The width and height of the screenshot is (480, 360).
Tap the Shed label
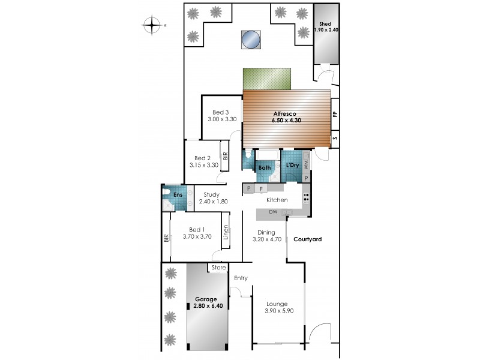point(325,24)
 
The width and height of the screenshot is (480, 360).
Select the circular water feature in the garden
point(251,40)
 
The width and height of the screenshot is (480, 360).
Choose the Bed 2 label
point(202,158)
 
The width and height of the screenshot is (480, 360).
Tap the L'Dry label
point(292,165)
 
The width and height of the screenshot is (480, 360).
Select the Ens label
point(178,194)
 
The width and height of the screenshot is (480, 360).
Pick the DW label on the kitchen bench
point(274,212)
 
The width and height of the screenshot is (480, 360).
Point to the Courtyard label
point(307,239)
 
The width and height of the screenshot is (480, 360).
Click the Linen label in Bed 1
point(226,232)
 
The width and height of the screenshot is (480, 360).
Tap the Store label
point(218,268)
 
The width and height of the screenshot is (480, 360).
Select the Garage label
point(205,299)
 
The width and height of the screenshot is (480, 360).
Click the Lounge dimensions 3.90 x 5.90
point(278,311)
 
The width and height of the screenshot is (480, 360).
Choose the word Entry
point(241,278)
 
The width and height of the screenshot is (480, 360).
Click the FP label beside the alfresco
point(335,113)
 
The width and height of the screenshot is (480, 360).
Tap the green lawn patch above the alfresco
point(266,78)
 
